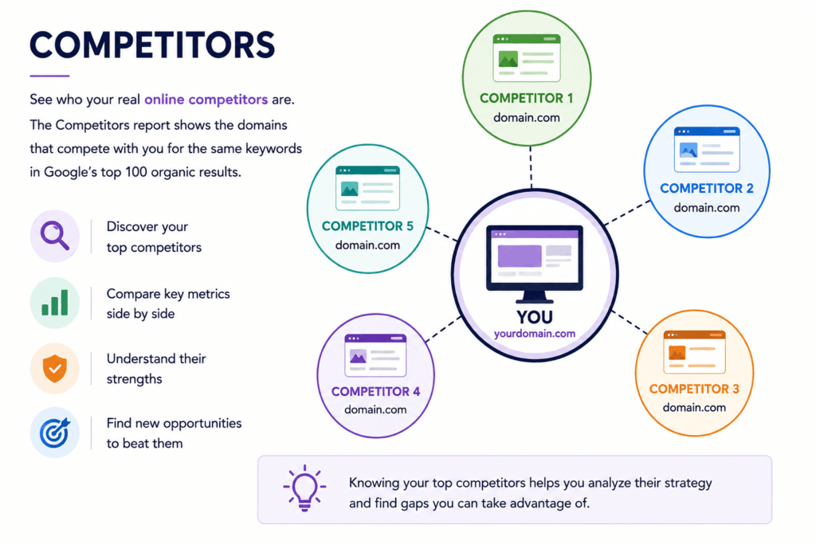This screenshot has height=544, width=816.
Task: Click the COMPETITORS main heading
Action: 152,45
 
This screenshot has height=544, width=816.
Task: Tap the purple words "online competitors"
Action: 206,100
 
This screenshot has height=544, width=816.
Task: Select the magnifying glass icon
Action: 55,236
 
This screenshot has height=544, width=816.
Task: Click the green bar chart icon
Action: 55,303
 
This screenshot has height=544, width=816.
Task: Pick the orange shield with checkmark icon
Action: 55,368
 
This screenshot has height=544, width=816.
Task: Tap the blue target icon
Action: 55,432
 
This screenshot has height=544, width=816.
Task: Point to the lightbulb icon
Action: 304,487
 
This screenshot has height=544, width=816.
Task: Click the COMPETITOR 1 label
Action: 526,98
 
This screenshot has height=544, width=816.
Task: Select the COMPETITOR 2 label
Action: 707,188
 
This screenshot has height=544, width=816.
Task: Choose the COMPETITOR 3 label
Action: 694,389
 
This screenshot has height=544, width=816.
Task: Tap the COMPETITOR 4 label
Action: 376,392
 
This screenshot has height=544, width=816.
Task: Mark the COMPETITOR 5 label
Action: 367,226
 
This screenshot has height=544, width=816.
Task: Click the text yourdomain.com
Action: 535,334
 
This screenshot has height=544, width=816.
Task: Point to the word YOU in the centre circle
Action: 535,317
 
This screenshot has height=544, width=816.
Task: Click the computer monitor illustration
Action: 535,264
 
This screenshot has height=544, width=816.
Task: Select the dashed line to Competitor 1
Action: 531,167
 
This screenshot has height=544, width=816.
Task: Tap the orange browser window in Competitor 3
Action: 694,351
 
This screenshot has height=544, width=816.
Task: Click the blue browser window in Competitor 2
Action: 707,149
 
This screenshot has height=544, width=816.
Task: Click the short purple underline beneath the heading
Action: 49,76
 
